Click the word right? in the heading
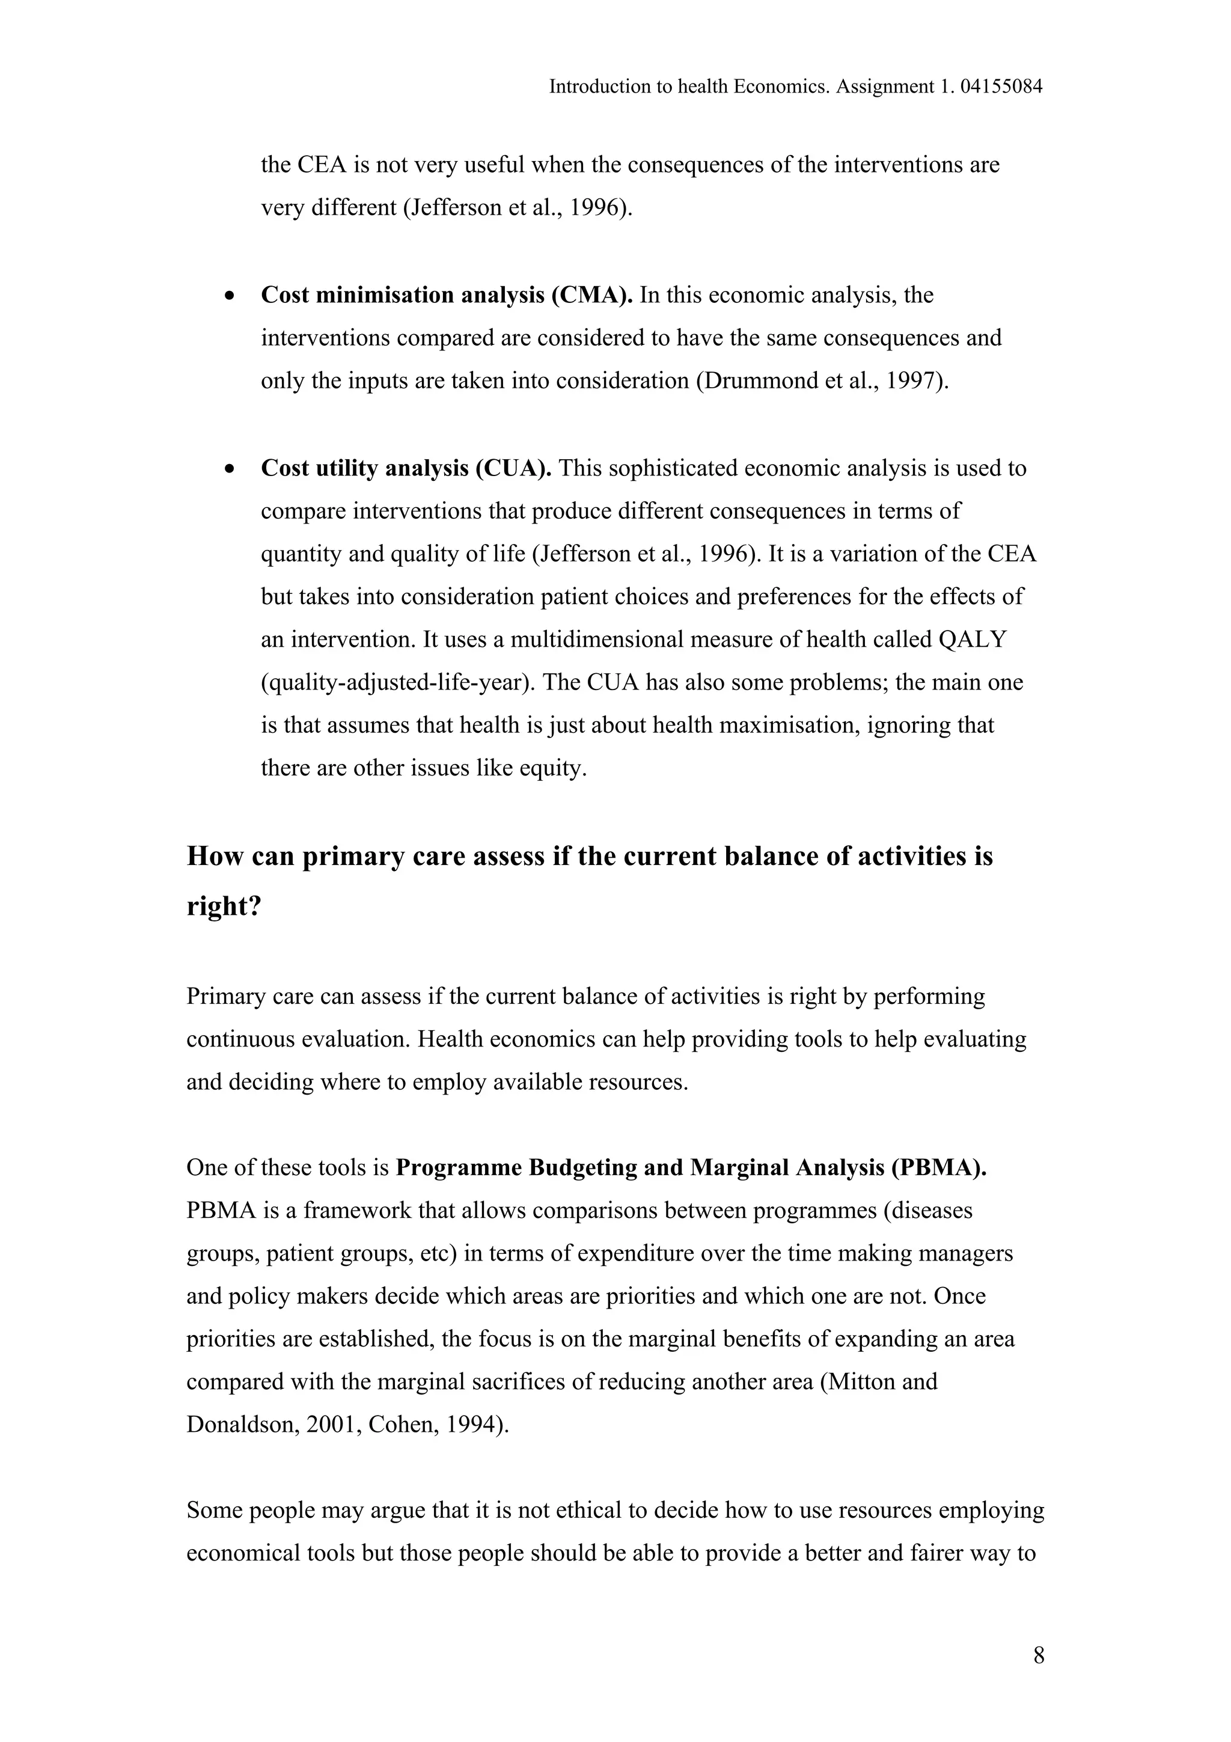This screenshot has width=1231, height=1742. pyautogui.click(x=224, y=906)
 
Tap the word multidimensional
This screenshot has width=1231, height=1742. pyautogui.click(x=596, y=640)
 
